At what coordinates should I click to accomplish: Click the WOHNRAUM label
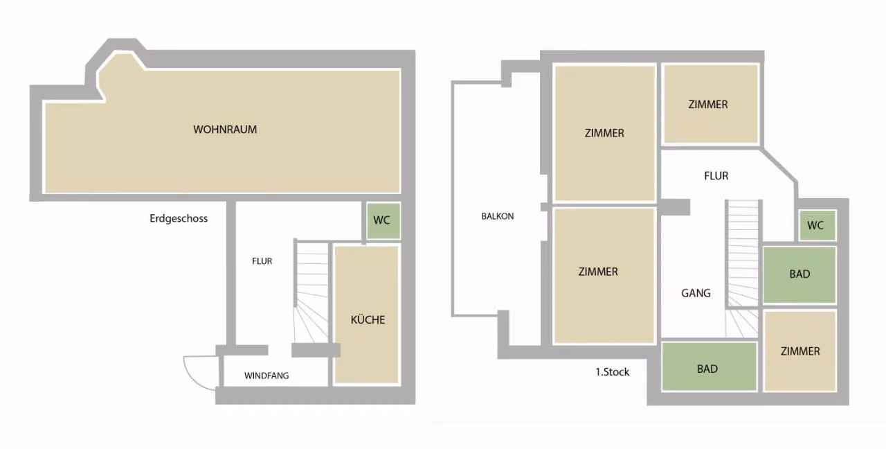[x=225, y=130]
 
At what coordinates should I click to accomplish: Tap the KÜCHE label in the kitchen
[x=368, y=319]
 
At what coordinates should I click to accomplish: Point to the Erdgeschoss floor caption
[x=179, y=218]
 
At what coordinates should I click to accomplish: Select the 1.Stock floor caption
[x=613, y=372]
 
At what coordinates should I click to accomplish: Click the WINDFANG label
[x=266, y=376]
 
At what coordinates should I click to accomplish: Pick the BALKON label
[x=498, y=216]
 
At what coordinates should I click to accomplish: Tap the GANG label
[x=696, y=293]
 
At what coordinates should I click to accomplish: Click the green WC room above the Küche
[x=383, y=221]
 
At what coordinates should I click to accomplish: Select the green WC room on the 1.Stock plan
[x=817, y=225]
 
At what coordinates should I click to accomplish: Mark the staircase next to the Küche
[x=311, y=292]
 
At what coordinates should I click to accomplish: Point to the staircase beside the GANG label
[x=743, y=270]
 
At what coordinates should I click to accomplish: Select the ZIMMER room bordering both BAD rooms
[x=799, y=351]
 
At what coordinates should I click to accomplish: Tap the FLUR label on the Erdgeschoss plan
[x=262, y=261]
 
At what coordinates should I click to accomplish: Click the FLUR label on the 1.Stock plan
[x=716, y=176]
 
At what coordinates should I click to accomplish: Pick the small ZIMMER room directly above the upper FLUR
[x=711, y=104]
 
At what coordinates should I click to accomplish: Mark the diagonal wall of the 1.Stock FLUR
[x=779, y=166]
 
